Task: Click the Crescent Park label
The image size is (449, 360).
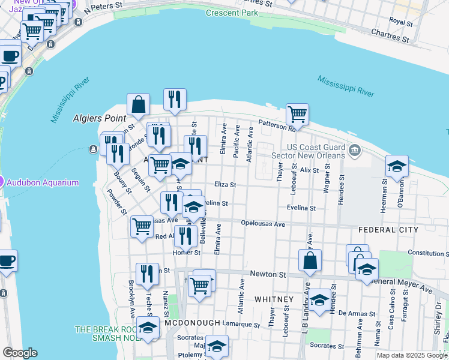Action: tap(232, 13)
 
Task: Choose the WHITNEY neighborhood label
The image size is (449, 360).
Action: tap(274, 299)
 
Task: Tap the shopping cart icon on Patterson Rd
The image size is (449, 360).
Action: tap(297, 113)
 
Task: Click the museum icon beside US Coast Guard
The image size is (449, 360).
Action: tap(354, 149)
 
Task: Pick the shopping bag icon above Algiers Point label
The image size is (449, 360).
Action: tap(139, 104)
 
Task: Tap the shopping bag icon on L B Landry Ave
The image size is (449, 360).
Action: tap(310, 260)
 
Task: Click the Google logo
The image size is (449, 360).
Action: tap(20, 353)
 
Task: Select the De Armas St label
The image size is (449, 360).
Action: tap(357, 313)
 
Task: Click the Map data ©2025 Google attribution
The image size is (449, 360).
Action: tap(411, 355)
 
